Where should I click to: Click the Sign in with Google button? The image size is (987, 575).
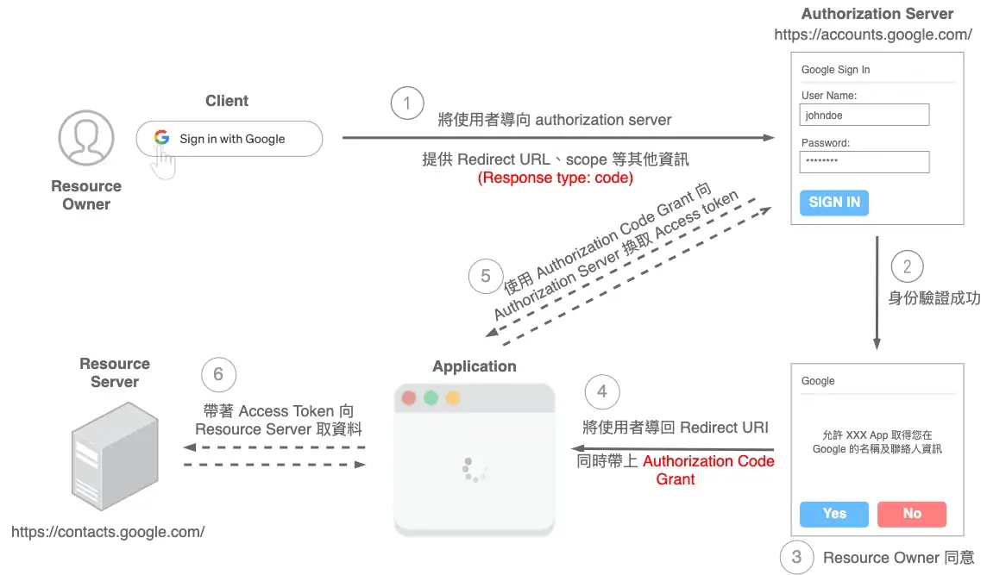tap(229, 139)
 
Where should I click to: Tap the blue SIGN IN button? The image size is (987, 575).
tap(833, 203)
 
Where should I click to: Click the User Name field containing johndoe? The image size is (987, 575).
tap(864, 115)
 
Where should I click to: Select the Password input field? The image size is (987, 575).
tap(864, 162)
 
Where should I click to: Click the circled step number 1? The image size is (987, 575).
tap(407, 103)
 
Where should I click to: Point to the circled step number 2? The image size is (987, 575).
tap(907, 266)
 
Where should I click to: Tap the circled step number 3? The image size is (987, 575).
tap(796, 557)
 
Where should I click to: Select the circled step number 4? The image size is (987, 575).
tap(602, 392)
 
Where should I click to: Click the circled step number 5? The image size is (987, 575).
tap(486, 276)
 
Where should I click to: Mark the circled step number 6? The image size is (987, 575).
tap(218, 374)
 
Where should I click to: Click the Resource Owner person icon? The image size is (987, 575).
tap(85, 137)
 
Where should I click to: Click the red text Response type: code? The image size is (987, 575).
tap(556, 178)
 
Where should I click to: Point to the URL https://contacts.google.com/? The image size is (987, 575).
tap(108, 532)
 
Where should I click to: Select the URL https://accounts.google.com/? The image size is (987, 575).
tap(873, 34)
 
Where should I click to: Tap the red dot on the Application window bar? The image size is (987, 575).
tap(409, 398)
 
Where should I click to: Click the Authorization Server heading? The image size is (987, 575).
tap(877, 14)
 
